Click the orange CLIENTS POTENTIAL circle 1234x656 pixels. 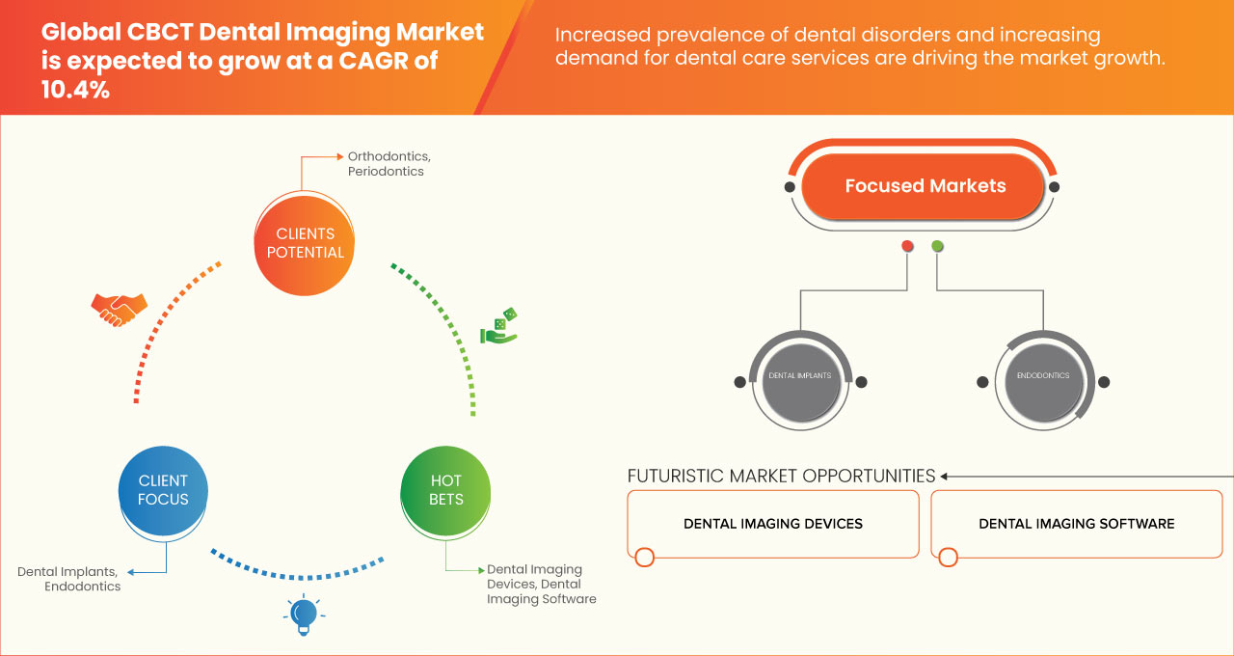click(x=305, y=242)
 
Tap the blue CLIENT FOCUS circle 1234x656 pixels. click(x=163, y=490)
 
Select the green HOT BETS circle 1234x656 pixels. click(x=445, y=490)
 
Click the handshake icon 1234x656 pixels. click(x=119, y=309)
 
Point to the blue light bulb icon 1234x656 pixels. click(x=303, y=615)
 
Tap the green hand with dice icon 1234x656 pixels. click(x=499, y=327)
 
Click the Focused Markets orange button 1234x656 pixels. click(x=925, y=186)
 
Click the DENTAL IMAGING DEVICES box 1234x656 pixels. click(x=772, y=524)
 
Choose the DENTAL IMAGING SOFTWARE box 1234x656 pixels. click(x=1076, y=524)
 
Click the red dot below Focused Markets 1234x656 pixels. click(x=907, y=247)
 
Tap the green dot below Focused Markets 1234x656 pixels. click(x=937, y=247)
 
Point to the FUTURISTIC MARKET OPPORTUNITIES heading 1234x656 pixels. click(x=781, y=476)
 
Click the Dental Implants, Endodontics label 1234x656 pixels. click(x=69, y=579)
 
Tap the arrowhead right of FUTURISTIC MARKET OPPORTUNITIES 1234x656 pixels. click(x=945, y=476)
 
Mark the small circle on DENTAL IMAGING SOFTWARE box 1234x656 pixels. click(x=949, y=557)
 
